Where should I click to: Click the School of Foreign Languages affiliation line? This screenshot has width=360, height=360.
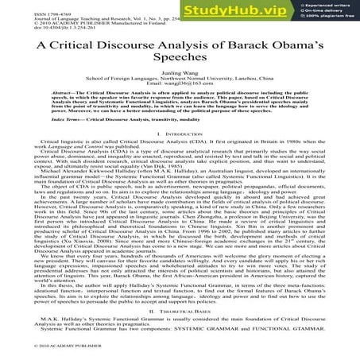[x=179, y=91]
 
